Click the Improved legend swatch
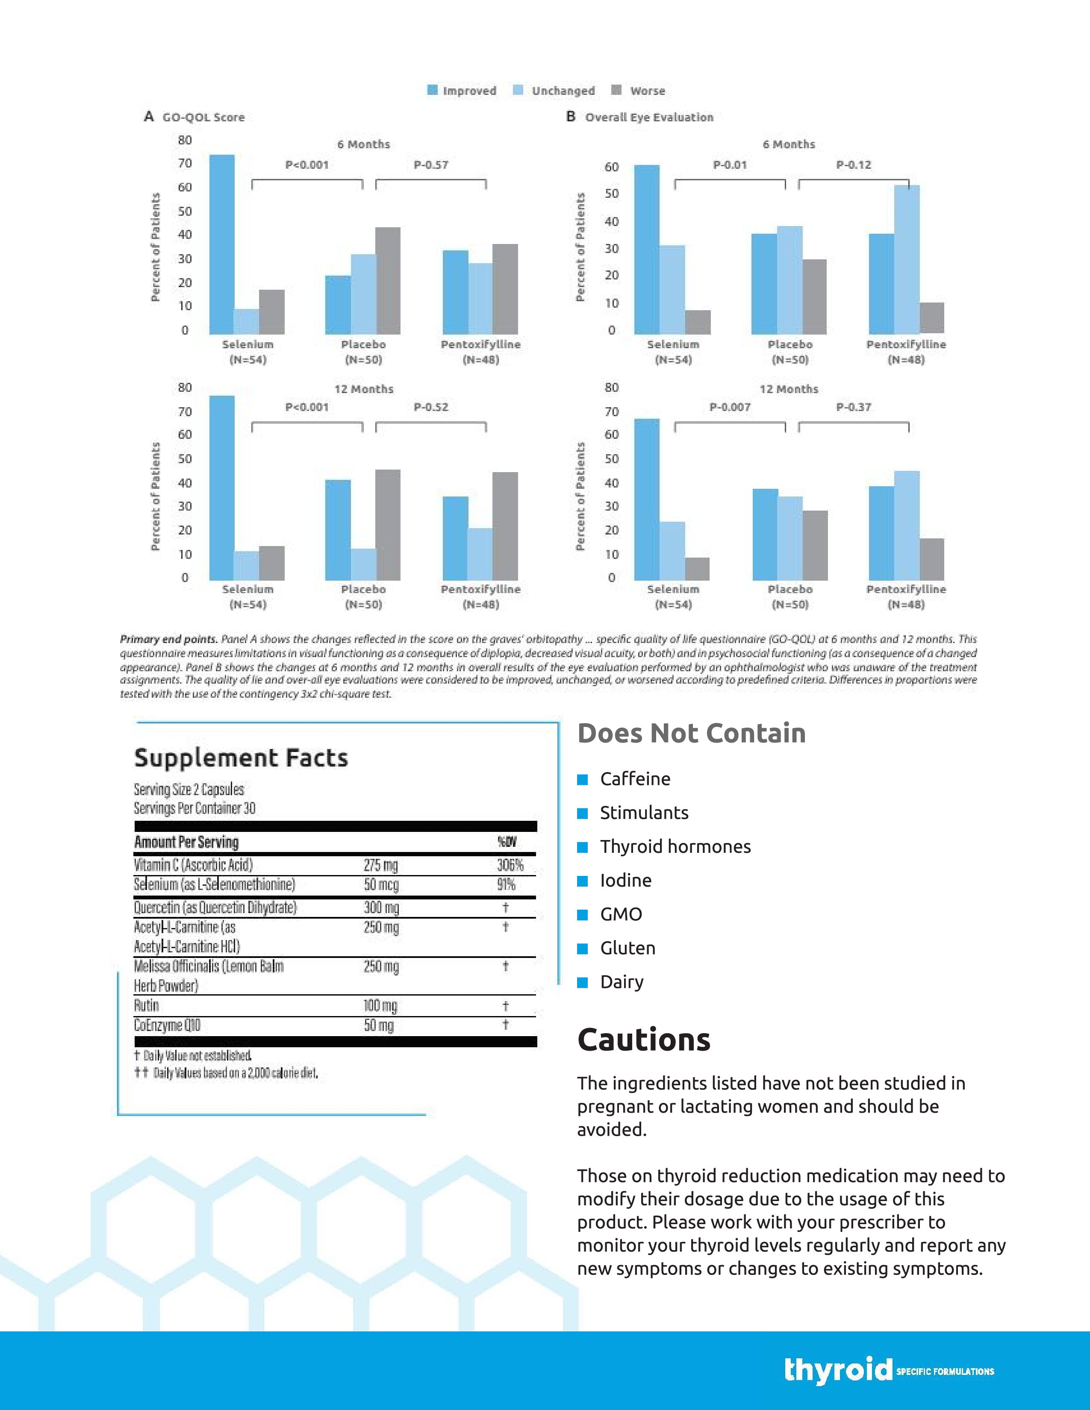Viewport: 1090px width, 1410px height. (x=433, y=91)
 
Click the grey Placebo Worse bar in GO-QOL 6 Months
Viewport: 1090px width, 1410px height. (x=388, y=280)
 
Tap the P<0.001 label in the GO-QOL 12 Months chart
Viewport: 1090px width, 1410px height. (x=307, y=407)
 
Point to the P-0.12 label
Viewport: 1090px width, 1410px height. (x=854, y=164)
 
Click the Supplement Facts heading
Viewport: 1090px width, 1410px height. (x=241, y=757)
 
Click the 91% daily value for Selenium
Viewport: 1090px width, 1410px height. (x=506, y=884)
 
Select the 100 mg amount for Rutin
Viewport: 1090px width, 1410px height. (x=381, y=1005)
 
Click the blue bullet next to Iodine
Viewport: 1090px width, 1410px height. (x=583, y=881)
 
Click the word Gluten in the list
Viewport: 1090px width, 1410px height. (x=627, y=948)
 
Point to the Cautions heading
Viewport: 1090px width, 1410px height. (x=644, y=1040)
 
